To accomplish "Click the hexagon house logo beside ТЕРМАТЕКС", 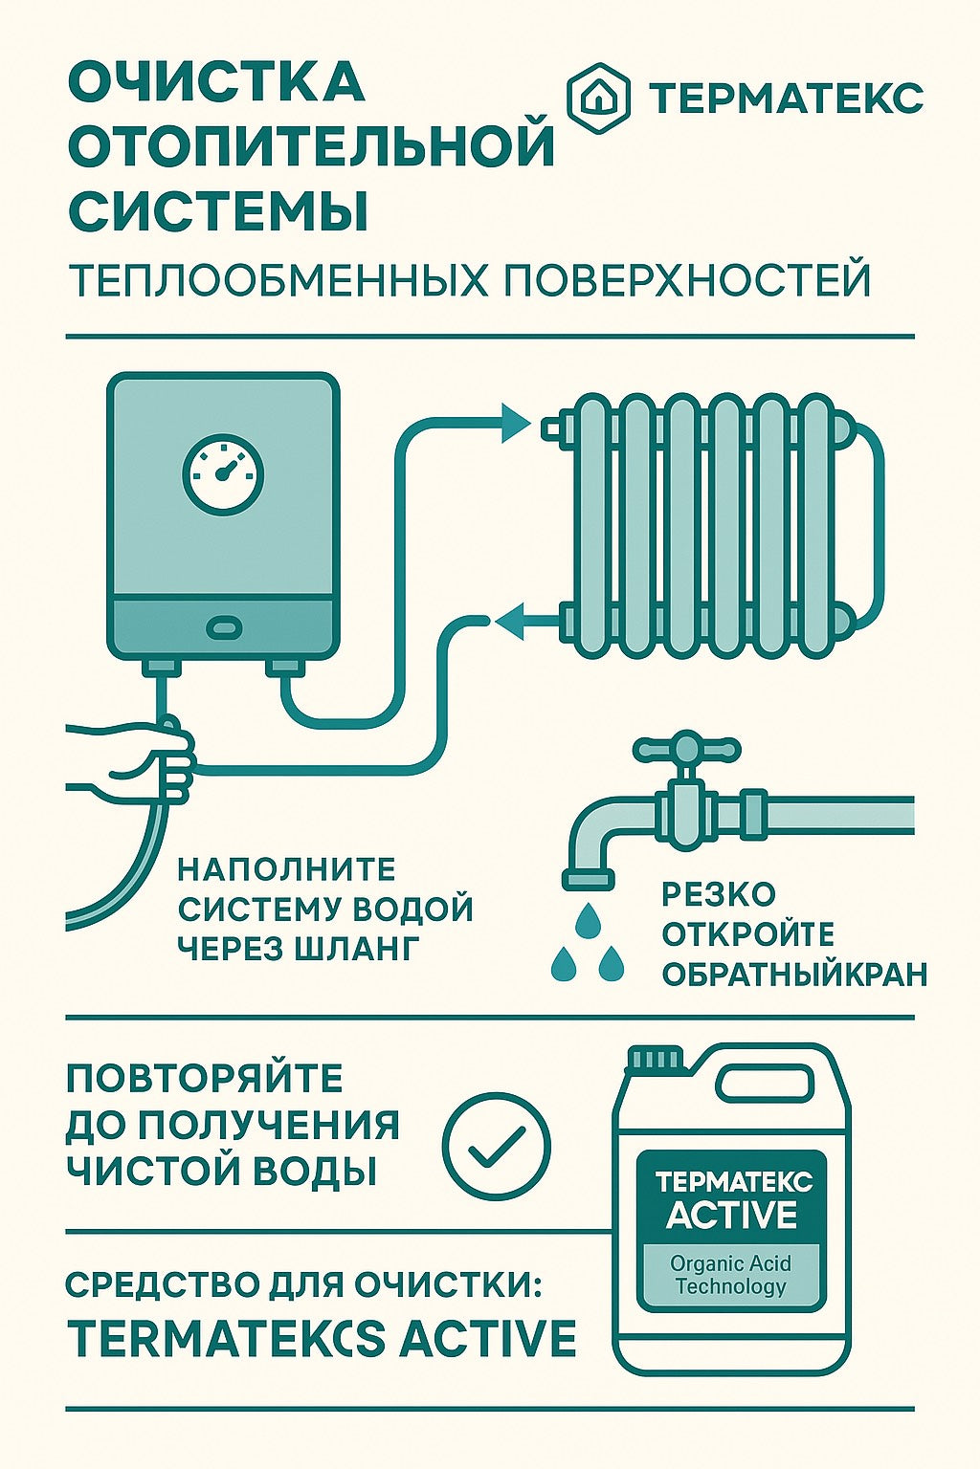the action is pyautogui.click(x=598, y=99).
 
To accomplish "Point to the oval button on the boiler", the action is pyautogui.click(x=224, y=627).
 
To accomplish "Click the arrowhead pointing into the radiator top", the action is pyautogui.click(x=515, y=423).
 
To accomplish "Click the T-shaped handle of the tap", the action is pyautogui.click(x=687, y=748).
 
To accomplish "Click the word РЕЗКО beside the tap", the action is pyautogui.click(x=719, y=894).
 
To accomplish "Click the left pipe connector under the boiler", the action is pyautogui.click(x=162, y=668).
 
